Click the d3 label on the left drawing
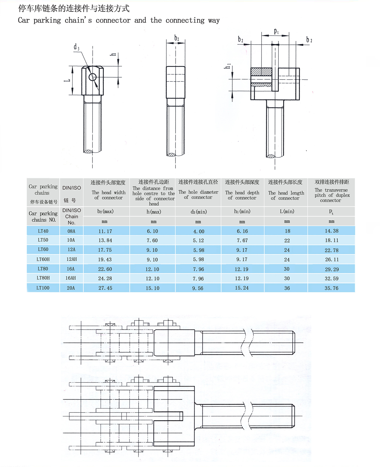point(76,47)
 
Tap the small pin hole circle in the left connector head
point(93,77)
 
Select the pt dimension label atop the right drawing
point(276,32)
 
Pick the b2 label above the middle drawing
point(177,38)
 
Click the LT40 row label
point(43,231)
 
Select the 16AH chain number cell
point(71,278)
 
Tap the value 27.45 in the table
point(105,288)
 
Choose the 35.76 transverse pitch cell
point(331,288)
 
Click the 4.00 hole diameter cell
point(199,231)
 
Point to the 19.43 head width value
point(105,260)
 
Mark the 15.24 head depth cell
point(242,288)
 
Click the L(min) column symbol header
point(287,211)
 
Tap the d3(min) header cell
point(199,212)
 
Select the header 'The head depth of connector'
point(242,195)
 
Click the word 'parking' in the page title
point(47,21)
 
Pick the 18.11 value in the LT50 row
point(331,240)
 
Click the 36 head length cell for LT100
point(287,288)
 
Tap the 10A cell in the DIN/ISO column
point(71,240)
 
